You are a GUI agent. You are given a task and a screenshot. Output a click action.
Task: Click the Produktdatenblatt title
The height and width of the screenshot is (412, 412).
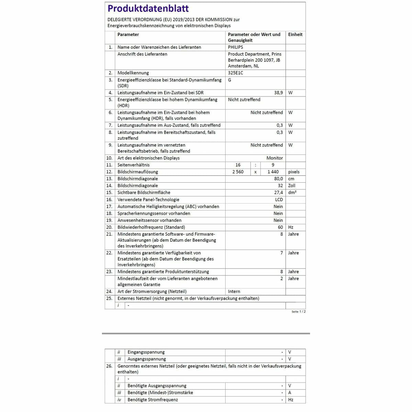click(148, 9)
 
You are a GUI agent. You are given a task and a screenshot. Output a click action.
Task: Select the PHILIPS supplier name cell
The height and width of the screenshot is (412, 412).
click(236, 47)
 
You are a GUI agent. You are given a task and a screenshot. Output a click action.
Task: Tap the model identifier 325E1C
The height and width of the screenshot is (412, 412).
click(236, 73)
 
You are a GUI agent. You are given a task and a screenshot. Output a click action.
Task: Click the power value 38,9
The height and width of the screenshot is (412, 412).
click(278, 93)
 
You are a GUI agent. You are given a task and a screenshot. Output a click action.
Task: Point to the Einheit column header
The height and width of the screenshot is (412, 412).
click(295, 35)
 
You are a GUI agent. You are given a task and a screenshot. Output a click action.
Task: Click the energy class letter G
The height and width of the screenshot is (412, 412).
click(230, 80)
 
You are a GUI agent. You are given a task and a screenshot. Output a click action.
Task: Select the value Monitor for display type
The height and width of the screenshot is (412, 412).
click(275, 158)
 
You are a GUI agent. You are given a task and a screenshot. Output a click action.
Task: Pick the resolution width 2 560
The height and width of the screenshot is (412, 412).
click(238, 172)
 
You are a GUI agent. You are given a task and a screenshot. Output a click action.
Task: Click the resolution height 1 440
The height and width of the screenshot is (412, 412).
click(273, 172)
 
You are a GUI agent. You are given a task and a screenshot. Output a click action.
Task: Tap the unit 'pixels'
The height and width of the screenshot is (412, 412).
click(294, 172)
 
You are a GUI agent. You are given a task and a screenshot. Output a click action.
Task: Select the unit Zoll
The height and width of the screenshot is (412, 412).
click(292, 186)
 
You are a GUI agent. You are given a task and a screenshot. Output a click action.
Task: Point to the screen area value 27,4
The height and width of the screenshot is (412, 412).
click(278, 193)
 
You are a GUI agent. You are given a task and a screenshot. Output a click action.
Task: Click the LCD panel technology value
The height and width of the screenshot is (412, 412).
click(279, 200)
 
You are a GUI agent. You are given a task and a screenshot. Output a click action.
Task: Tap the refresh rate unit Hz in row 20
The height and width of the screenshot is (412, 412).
click(291, 227)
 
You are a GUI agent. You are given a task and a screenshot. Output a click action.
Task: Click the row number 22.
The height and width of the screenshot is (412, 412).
click(109, 253)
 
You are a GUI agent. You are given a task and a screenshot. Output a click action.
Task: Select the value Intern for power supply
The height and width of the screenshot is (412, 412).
click(234, 291)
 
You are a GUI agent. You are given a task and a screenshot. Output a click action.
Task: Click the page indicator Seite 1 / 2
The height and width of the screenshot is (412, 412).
click(298, 312)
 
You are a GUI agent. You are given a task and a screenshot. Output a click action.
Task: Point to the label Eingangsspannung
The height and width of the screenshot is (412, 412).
click(146, 352)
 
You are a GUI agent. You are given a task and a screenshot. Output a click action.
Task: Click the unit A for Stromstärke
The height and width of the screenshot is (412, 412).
click(290, 393)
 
